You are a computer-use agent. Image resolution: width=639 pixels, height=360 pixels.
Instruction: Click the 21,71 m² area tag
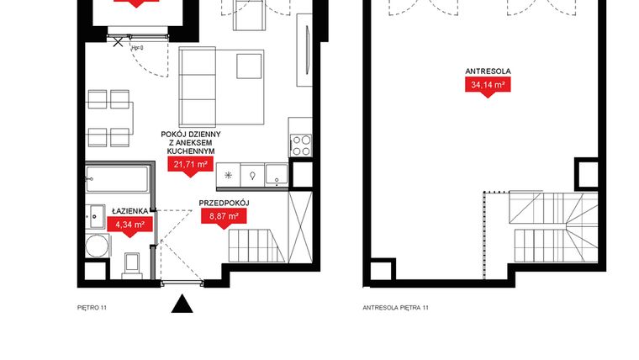click(x=189, y=165)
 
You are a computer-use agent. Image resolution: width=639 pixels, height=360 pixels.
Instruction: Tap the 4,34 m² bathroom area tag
click(x=129, y=225)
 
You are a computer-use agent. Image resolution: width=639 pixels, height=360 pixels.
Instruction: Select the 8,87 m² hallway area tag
click(x=222, y=216)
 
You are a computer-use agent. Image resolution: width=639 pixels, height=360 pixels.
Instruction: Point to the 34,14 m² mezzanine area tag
click(x=486, y=83)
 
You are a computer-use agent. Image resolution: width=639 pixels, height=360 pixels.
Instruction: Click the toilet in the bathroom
click(x=130, y=264)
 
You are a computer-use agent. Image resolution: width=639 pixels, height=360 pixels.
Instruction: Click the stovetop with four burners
click(x=300, y=145)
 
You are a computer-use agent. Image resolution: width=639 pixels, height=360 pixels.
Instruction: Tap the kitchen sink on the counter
click(x=276, y=175)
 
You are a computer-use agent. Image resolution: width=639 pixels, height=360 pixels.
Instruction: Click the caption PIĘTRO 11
click(x=92, y=308)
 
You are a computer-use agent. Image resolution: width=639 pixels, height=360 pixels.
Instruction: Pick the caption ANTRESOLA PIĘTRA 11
click(x=395, y=308)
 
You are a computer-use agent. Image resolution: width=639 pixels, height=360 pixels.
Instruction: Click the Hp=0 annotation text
click(x=137, y=48)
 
